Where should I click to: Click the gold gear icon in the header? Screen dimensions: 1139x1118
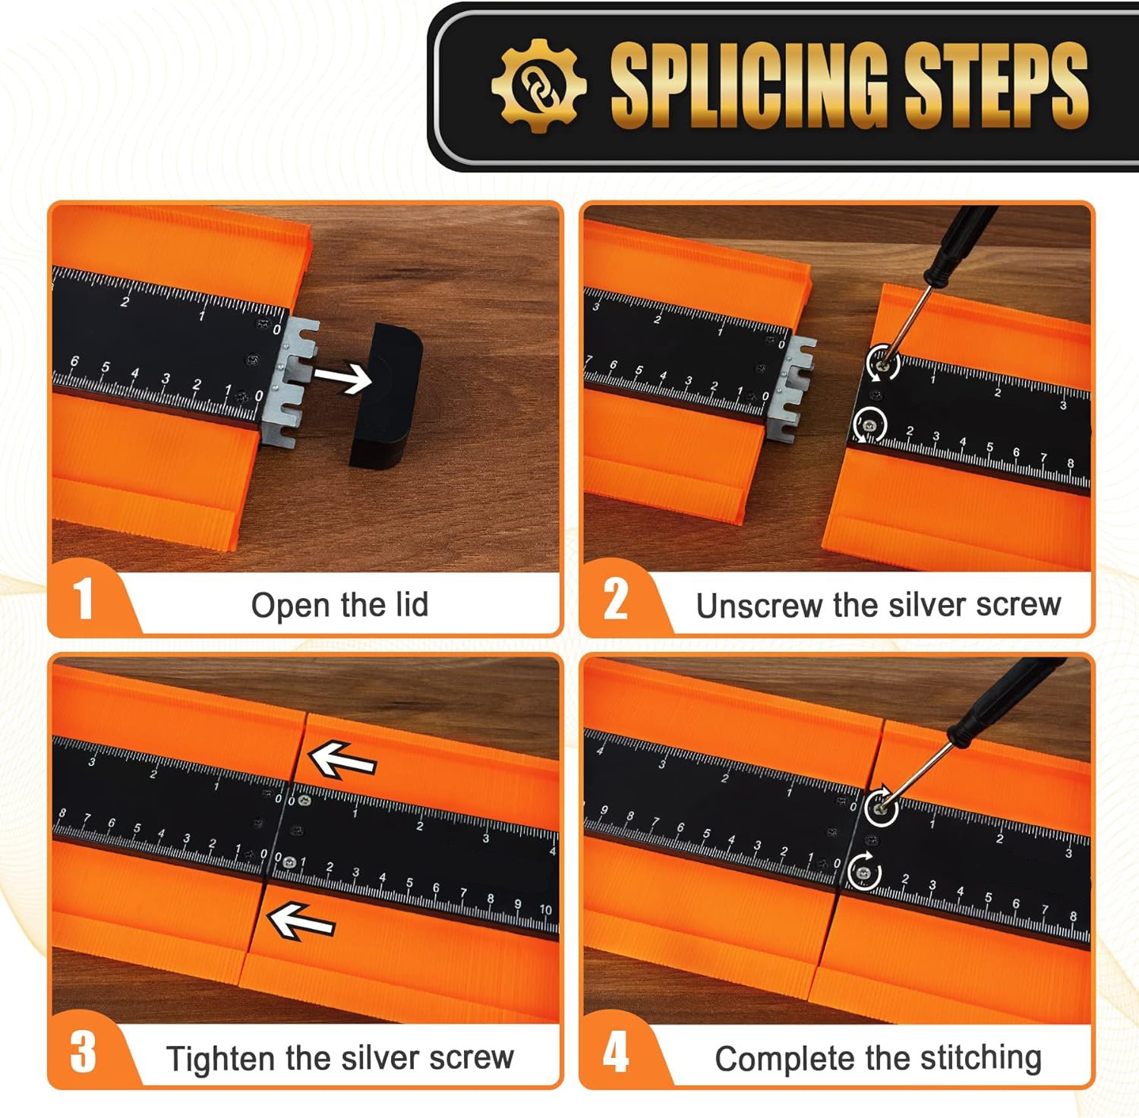(x=538, y=85)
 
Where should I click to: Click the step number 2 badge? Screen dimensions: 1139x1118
(x=615, y=599)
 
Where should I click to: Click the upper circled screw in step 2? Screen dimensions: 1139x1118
(x=883, y=362)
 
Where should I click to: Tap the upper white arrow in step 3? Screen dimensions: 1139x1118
(x=342, y=760)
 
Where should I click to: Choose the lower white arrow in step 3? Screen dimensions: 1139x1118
(x=301, y=921)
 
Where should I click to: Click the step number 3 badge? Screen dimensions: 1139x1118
(x=84, y=1053)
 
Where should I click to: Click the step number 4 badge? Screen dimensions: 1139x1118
(x=615, y=1053)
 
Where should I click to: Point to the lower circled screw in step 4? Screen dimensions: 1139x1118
(x=864, y=870)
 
